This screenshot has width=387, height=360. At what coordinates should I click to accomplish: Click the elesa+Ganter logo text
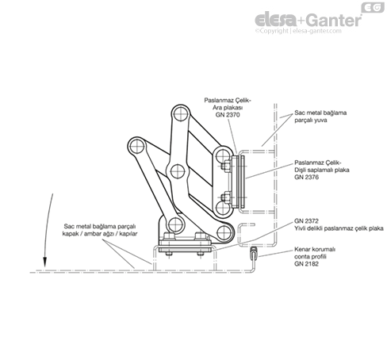308,20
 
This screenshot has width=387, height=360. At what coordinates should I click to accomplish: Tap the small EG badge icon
373,7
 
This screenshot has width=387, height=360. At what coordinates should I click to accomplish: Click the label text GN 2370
228,115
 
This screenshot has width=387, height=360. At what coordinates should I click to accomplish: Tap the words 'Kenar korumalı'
315,249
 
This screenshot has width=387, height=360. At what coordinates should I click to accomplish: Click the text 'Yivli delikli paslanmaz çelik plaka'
339,228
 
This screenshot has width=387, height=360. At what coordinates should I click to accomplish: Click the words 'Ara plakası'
228,108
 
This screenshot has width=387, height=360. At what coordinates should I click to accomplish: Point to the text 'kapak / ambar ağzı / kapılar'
100,234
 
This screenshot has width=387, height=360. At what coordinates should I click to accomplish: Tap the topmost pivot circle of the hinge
181,113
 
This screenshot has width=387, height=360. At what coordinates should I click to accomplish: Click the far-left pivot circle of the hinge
137,147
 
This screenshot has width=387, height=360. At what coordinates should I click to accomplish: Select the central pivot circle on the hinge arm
178,171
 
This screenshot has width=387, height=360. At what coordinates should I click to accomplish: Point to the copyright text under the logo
298,31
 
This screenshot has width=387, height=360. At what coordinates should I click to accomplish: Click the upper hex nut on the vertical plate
224,167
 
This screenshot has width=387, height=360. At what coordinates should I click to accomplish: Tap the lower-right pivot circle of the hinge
224,232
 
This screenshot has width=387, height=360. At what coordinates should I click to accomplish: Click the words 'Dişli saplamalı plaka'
322,170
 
